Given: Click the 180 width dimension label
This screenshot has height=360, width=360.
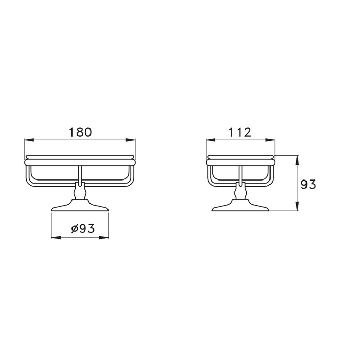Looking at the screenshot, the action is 80,133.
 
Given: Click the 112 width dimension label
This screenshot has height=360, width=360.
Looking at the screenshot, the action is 240,133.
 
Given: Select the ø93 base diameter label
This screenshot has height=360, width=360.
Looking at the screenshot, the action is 83,228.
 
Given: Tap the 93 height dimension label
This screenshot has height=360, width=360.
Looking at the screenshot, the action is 309,184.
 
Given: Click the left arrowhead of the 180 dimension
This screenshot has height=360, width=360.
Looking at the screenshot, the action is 29,140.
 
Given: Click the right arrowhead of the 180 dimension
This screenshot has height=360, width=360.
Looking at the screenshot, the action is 131,140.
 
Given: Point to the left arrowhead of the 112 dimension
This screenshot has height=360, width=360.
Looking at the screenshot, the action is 211,140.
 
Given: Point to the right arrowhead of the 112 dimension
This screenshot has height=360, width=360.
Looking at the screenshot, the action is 270,140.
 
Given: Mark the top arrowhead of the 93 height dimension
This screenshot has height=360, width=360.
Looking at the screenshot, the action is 297,160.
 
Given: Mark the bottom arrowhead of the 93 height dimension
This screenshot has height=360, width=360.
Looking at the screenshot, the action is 297,206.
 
